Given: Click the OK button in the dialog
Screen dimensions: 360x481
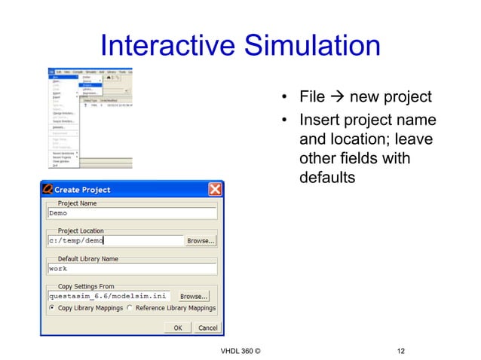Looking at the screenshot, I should coord(177,328).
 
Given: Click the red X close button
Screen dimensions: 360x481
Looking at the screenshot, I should coord(215,189).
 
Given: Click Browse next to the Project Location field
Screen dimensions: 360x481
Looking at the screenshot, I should coord(201,241).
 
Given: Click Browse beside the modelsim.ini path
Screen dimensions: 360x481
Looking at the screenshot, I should coord(193,296).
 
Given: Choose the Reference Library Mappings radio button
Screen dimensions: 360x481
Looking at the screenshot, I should coord(130,308).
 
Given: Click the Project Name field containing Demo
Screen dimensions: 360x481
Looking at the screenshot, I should coord(131,213).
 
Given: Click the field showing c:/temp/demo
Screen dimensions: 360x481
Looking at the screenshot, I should coord(115,241).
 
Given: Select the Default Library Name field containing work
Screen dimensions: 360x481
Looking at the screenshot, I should coord(131,268).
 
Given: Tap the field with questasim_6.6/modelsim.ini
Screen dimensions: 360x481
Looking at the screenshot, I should coord(108,296).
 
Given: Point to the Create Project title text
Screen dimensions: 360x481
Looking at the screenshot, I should coord(82,189).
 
